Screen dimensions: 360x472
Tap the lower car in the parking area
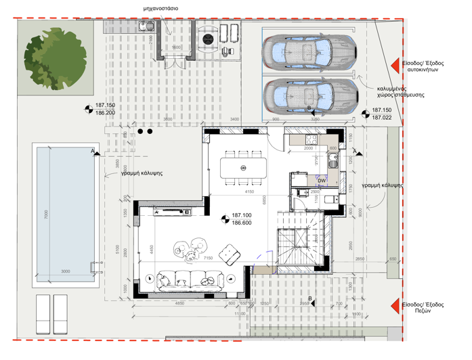point(309,96)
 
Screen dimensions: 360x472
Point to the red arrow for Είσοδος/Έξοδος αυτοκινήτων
point(393,65)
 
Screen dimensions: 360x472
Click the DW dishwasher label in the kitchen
point(322,181)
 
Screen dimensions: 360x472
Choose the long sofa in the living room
point(190,279)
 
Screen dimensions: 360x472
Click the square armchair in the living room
point(232,256)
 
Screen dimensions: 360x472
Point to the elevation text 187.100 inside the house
point(242,215)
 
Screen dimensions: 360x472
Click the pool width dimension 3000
point(66,272)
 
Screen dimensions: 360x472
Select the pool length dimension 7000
point(47,215)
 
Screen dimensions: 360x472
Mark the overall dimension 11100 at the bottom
point(240,314)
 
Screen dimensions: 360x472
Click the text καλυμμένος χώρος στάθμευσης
point(401,91)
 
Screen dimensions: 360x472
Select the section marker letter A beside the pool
point(93,151)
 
